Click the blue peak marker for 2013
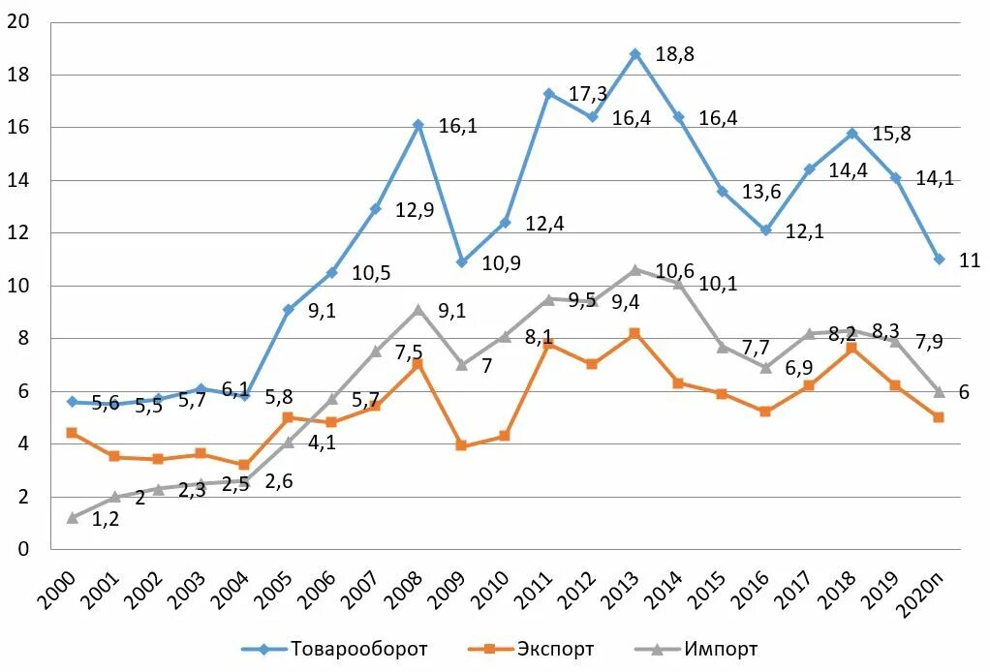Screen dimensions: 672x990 pos(635,54)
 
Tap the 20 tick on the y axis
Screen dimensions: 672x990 pos(17,22)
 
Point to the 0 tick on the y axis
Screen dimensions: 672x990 pos(23,549)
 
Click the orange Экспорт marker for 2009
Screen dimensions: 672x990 pos(461,445)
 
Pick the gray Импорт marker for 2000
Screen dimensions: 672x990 pos(72,518)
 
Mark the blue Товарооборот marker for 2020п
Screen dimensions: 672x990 pos(939,259)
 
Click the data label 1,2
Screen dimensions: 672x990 pos(106,519)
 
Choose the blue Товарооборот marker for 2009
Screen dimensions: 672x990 pos(461,262)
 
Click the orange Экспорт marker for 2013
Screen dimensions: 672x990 pos(635,333)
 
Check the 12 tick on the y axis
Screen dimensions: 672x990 pos(17,233)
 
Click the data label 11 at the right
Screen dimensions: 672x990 pos(970,260)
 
